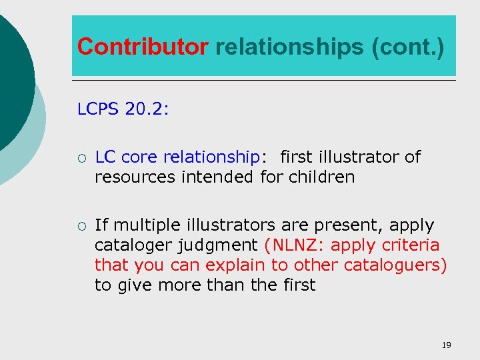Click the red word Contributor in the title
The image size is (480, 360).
143,47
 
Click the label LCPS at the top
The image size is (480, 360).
99,109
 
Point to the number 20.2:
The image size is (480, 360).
147,109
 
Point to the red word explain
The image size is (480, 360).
233,265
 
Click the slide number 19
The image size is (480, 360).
446,345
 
